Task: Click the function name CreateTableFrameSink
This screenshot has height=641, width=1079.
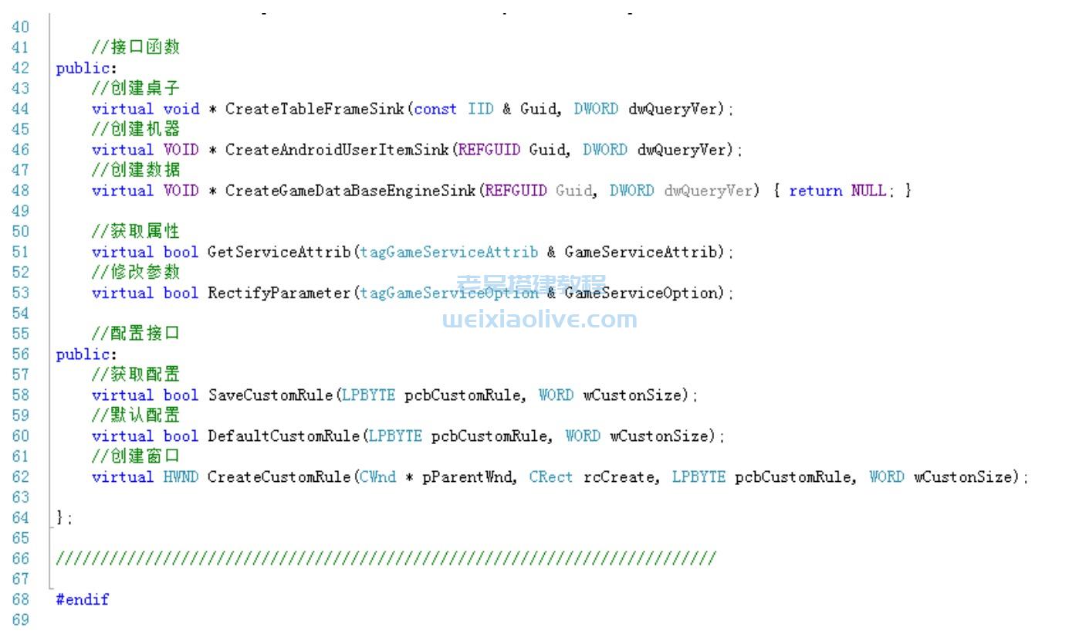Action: tap(314, 109)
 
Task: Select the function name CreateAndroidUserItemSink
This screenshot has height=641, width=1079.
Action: tap(337, 150)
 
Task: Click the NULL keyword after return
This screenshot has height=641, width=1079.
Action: tap(868, 191)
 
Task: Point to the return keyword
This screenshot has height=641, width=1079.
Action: tap(815, 191)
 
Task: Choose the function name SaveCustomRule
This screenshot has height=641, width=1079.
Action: tap(270, 395)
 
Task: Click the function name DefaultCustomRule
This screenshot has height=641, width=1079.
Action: tap(283, 436)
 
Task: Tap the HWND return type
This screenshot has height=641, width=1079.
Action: tap(181, 477)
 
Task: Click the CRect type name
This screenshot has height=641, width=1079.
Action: tap(551, 477)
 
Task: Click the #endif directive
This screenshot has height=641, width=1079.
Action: tap(83, 599)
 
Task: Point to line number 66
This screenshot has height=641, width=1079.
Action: tap(20, 558)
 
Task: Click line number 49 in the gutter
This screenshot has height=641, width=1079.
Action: tap(20, 211)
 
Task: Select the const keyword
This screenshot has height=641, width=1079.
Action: tap(435, 109)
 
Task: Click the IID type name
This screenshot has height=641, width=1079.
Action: tap(480, 109)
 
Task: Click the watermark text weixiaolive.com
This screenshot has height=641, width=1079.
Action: tap(540, 319)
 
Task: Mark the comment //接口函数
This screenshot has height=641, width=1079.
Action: tap(136, 48)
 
